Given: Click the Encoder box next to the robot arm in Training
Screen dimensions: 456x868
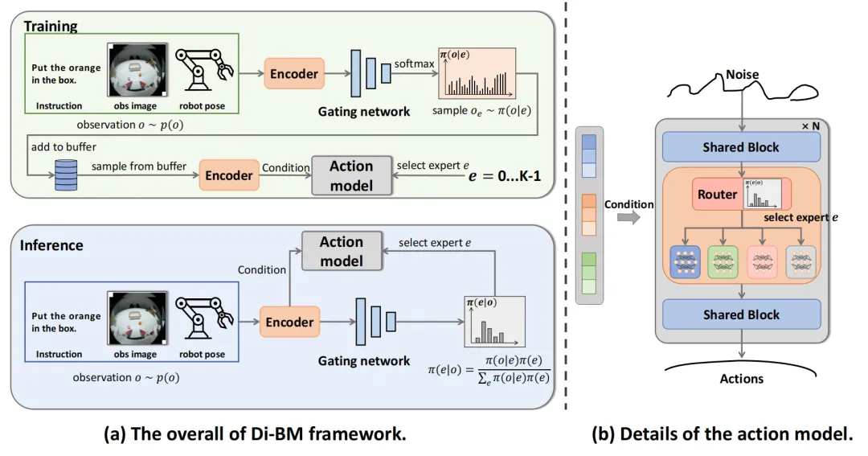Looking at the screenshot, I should point(293,74).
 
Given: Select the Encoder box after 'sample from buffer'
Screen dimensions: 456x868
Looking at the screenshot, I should point(229,175).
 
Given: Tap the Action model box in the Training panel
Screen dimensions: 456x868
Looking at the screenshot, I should point(351,175).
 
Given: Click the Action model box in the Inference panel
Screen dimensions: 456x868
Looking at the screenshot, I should point(342,251).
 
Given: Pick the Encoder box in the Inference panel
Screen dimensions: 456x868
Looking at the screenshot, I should point(289,322).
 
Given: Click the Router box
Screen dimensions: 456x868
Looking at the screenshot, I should point(717,195).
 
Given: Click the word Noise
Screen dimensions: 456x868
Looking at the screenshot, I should point(741,74).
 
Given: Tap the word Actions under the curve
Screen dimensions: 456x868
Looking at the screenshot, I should point(741,378).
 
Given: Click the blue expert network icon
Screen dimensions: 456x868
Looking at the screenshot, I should point(685,261).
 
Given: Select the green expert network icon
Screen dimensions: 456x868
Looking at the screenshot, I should point(723,261).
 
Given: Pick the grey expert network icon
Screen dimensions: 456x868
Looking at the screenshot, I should point(800,261).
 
